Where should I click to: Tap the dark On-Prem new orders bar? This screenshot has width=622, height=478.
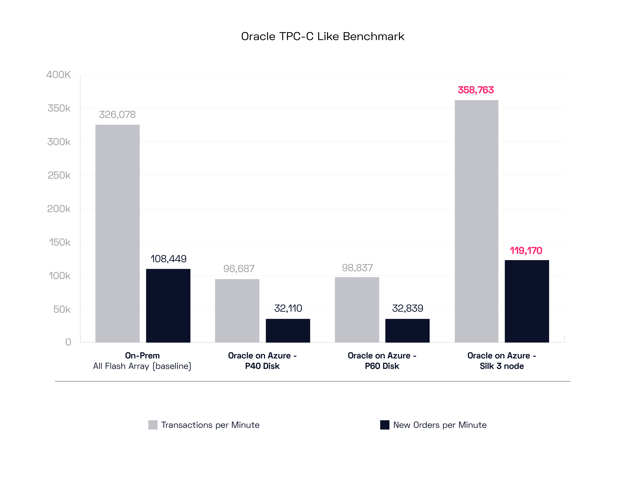pos(168,306)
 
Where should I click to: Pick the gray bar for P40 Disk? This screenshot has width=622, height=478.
pos(237,311)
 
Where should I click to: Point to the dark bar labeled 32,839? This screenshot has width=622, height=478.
pos(407,331)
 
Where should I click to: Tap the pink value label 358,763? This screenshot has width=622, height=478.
pos(476,90)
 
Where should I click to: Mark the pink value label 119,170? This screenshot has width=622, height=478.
pos(526,251)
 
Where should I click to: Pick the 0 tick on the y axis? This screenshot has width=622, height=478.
pos(68,342)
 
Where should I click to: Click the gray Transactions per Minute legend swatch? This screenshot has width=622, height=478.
pos(153,425)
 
